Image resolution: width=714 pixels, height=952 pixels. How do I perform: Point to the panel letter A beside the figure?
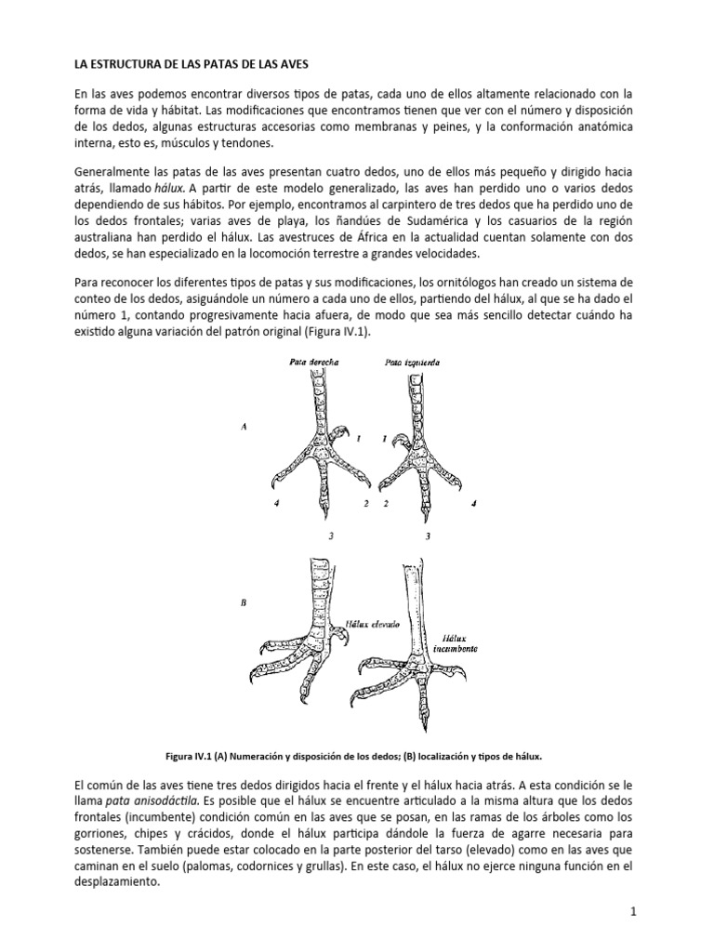click(x=244, y=427)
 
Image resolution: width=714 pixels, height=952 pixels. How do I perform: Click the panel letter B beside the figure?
click(x=244, y=602)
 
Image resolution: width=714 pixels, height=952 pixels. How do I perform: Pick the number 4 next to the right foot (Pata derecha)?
click(x=277, y=503)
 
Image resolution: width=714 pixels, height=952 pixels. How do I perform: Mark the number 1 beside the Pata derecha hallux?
click(x=357, y=449)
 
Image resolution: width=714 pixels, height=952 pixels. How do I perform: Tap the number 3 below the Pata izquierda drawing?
click(x=427, y=536)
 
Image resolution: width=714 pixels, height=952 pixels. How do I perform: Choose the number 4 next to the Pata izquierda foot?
click(x=473, y=503)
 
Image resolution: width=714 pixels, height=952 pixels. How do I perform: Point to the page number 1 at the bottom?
click(x=633, y=912)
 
